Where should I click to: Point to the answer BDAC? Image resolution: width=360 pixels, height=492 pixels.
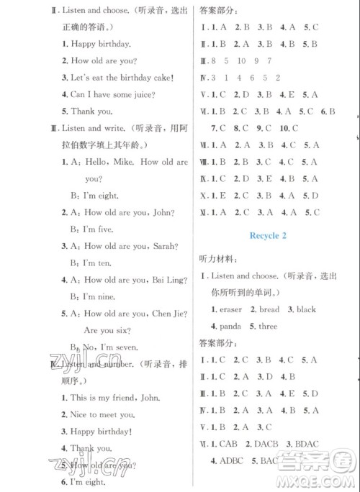click(320, 444)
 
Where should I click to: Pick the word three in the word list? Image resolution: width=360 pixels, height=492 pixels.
click(267, 326)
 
